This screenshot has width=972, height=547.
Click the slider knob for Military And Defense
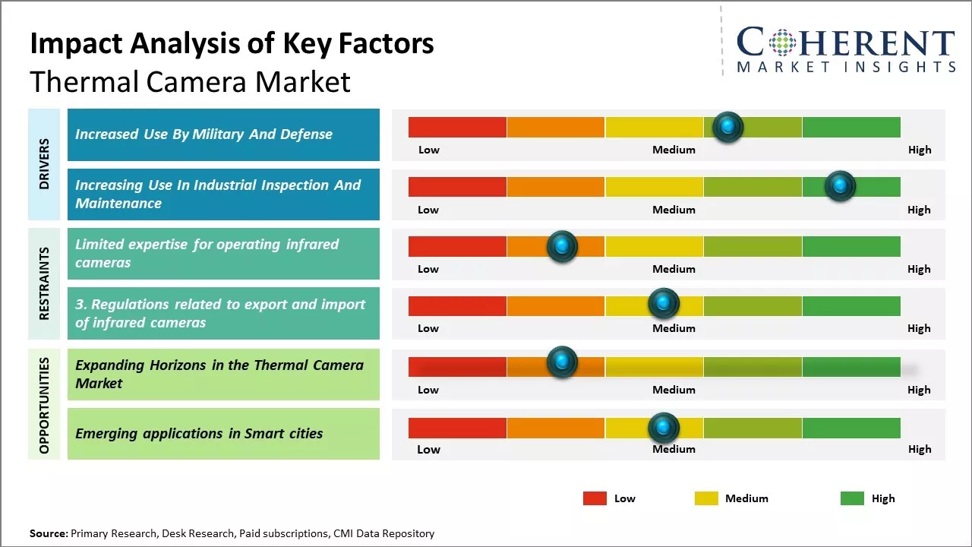coord(728,127)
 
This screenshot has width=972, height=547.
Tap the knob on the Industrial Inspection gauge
coord(840,186)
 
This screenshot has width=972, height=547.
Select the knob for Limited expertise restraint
coord(562,246)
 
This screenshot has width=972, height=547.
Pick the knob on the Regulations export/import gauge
coord(664,304)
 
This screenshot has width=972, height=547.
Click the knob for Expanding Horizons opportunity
coord(562,362)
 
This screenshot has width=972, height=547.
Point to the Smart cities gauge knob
coord(664,428)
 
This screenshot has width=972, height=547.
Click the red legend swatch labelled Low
coord(595,498)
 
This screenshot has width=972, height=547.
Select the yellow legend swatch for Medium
coord(706,498)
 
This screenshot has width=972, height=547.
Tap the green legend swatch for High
coord(852,498)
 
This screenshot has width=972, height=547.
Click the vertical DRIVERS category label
coord(44,164)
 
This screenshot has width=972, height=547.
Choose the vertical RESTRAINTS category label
coord(44,283)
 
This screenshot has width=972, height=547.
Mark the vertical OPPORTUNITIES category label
coord(44,405)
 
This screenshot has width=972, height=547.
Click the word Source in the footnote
coord(48,534)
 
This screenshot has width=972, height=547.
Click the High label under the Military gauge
coord(920,150)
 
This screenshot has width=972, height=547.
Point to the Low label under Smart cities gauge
coord(428,449)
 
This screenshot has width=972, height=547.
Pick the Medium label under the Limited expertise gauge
coord(674,269)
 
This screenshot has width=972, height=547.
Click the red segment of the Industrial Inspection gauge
coord(457,187)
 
